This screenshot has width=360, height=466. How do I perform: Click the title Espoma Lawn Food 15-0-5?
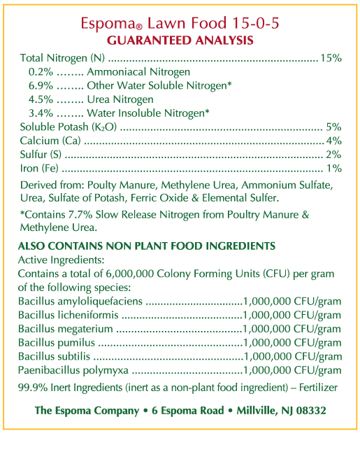tap(180, 23)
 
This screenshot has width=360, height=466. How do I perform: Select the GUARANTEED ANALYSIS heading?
tap(180, 40)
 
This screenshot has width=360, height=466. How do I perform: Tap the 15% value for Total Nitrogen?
tap(331, 58)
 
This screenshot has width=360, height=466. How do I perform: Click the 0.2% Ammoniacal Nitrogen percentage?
tap(40, 72)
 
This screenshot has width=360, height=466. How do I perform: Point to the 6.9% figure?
tap(40, 85)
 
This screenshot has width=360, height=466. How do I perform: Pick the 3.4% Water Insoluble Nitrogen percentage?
tap(40, 113)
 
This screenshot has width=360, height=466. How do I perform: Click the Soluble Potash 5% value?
tap(333, 127)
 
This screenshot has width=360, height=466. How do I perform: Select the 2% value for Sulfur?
tap(333, 154)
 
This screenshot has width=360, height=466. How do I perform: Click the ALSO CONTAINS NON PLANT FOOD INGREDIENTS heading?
tap(146, 246)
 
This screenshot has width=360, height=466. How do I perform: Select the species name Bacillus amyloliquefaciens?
tap(80, 301)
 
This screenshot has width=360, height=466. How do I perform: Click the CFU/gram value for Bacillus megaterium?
tap(292, 329)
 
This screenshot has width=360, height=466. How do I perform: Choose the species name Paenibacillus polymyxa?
tap(74, 370)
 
